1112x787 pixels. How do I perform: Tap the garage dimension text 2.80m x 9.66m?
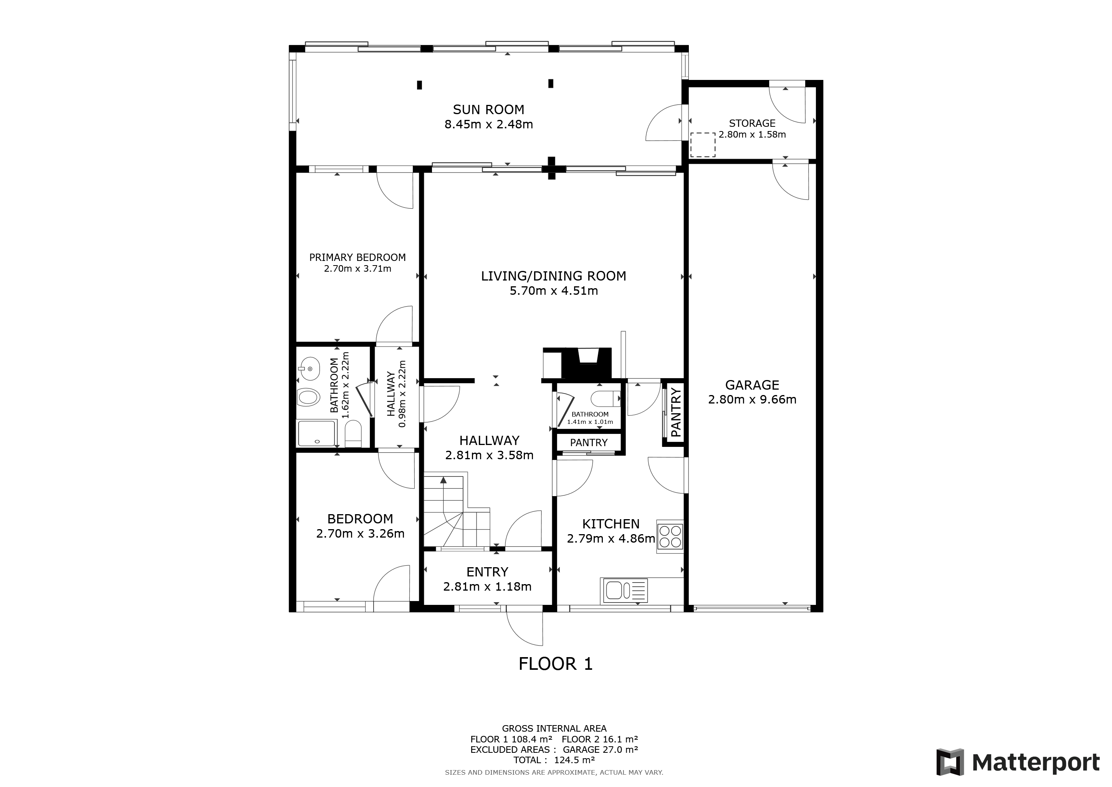[752, 400]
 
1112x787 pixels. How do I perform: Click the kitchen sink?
[615, 590]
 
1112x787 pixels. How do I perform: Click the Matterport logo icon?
[950, 762]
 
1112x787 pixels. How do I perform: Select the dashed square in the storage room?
[702, 144]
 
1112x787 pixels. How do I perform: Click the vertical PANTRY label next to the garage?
[676, 412]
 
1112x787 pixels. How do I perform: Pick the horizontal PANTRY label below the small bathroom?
[589, 442]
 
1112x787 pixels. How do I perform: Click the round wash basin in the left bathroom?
[309, 370]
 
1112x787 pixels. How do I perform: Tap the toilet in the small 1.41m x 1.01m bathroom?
[604, 398]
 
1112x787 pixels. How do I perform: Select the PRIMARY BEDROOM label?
[357, 257]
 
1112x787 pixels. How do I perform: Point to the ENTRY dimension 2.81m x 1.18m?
[487, 587]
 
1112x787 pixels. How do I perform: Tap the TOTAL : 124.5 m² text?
[554, 760]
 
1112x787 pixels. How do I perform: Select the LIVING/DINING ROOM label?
[554, 276]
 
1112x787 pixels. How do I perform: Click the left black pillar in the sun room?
[419, 85]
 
